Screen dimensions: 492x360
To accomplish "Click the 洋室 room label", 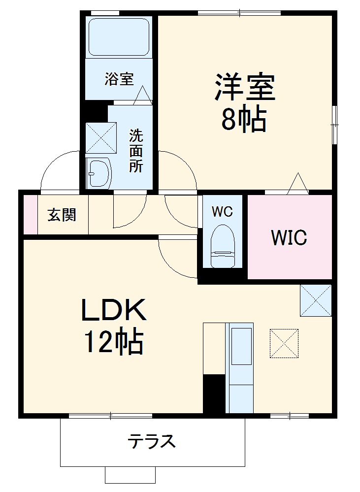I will point(244,88).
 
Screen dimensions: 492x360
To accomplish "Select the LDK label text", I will point(114,311).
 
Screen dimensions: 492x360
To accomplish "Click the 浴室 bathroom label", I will point(119,79).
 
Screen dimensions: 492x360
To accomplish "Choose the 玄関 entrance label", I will point(62,215).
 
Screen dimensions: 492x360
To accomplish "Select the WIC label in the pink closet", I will point(289,237).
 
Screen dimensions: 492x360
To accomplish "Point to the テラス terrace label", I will point(152,441).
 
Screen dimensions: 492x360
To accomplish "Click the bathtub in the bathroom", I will point(118,37).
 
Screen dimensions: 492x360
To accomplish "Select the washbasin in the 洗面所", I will point(98,173).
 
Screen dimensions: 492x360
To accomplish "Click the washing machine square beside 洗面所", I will point(100,137).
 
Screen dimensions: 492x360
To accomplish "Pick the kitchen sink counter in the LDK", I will point(239,367).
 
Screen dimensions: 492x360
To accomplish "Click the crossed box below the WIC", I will point(316,300).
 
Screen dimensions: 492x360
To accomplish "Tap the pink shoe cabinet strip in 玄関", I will point(31,215).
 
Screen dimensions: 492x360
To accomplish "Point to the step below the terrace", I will point(130,475).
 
